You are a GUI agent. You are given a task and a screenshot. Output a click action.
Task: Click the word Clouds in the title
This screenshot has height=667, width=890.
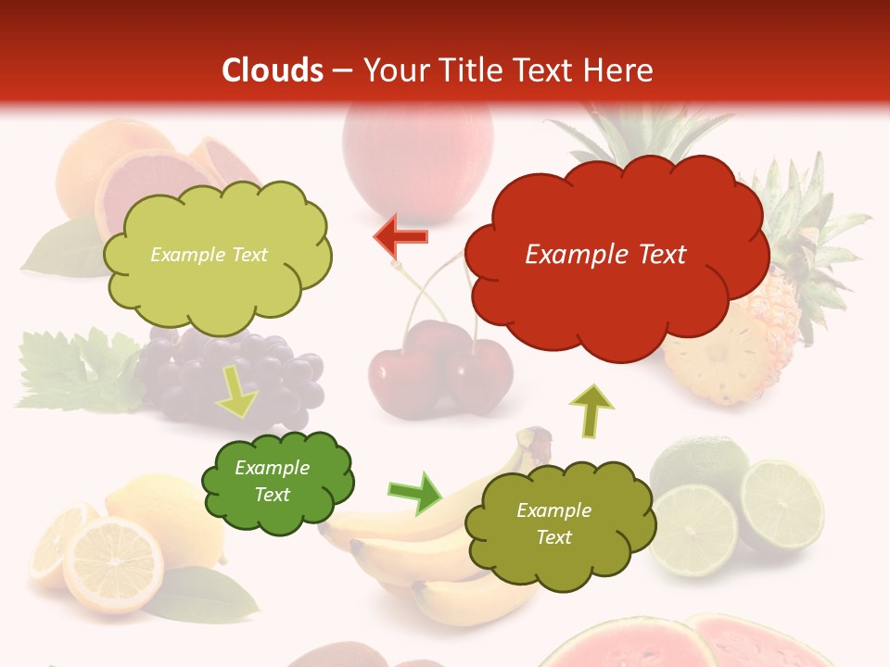[273, 70]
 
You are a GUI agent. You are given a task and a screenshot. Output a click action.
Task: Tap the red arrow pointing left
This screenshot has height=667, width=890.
[400, 236]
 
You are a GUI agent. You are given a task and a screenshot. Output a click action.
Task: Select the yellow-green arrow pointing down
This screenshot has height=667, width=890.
[237, 394]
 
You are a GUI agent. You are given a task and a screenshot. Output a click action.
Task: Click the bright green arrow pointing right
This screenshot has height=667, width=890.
[415, 492]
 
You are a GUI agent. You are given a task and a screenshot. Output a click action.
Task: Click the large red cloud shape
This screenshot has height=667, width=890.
[616, 255]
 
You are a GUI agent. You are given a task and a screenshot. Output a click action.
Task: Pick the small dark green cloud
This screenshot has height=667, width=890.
[276, 482]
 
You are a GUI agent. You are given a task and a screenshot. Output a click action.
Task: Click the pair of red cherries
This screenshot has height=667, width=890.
[440, 371]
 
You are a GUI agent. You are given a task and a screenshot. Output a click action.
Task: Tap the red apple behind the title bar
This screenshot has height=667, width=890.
[417, 148]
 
